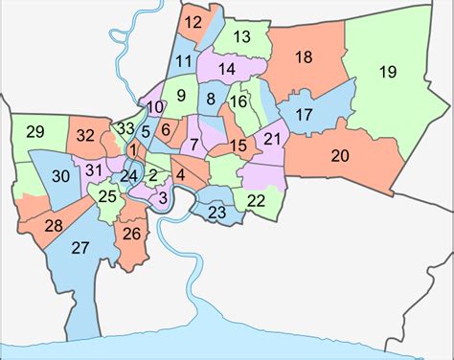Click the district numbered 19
[x=387, y=72]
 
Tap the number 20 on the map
[x=339, y=155]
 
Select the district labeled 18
[x=304, y=58]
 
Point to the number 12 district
[x=193, y=22]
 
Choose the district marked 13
[x=241, y=37]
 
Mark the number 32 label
[x=86, y=136]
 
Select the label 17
[x=304, y=115]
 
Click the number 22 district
[x=256, y=200]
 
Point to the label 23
[x=217, y=213]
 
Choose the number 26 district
[x=132, y=233]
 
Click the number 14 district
[x=227, y=69]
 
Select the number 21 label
[x=272, y=139]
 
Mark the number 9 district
[x=181, y=94]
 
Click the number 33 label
[x=125, y=128]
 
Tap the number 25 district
[x=108, y=197]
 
